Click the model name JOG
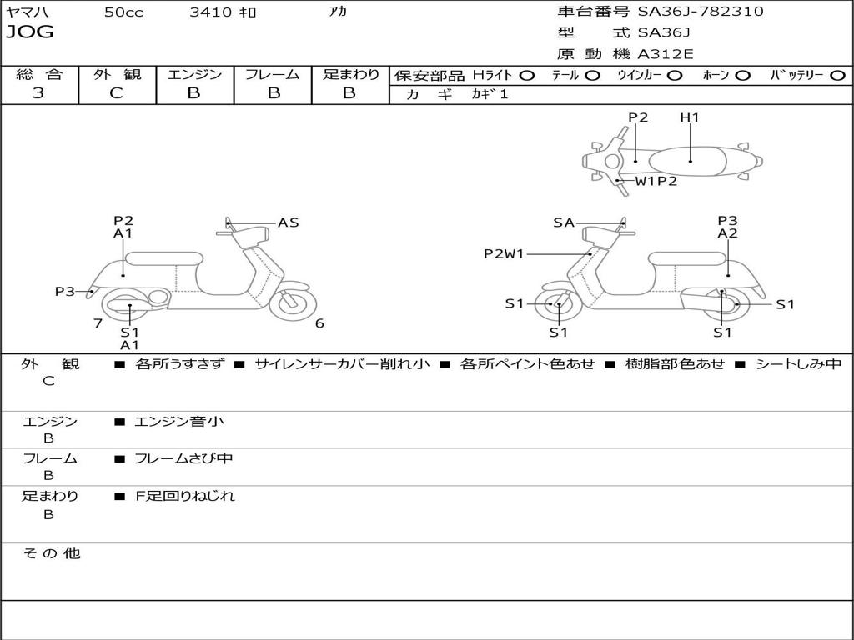coord(30,33)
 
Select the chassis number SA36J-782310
coord(700,12)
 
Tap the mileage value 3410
coord(211,12)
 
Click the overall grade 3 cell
coord(38,93)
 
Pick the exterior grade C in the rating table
coord(116,93)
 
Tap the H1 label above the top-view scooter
coord(689,117)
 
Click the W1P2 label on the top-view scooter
coord(656,181)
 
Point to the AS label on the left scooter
coord(289,222)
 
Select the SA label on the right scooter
coord(564,222)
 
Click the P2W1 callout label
coord(504,254)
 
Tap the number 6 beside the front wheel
coord(319,323)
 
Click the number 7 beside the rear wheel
coord(98,323)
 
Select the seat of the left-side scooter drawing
coord(163,257)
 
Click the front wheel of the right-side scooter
coord(557,305)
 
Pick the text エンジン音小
coord(179,422)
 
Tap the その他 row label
coord(51,553)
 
